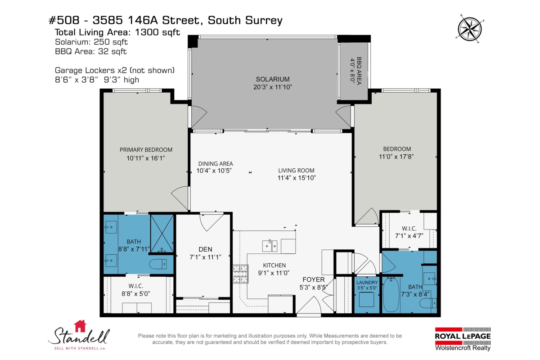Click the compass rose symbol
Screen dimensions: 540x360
470,29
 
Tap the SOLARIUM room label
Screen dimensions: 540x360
273,79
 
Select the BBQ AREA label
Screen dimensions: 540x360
359,71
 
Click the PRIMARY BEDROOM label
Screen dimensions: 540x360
146,150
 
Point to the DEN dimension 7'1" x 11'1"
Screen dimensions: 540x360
205,257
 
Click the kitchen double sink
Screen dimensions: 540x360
270,245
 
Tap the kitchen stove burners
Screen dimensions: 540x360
241,274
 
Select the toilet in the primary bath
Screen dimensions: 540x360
158,264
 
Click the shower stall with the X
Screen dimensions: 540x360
162,234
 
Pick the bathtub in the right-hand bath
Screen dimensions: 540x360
391,294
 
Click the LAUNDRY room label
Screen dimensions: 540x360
367,282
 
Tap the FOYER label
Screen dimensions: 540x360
314,279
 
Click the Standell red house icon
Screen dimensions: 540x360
80,326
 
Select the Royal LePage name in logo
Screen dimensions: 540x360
463,336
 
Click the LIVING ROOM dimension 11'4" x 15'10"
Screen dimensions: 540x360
297,178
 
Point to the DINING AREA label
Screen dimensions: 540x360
216,164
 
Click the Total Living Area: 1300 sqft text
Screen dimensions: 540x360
117,32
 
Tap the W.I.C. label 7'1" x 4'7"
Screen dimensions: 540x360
409,232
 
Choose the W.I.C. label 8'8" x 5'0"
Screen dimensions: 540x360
136,290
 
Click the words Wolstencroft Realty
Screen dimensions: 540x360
463,348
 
